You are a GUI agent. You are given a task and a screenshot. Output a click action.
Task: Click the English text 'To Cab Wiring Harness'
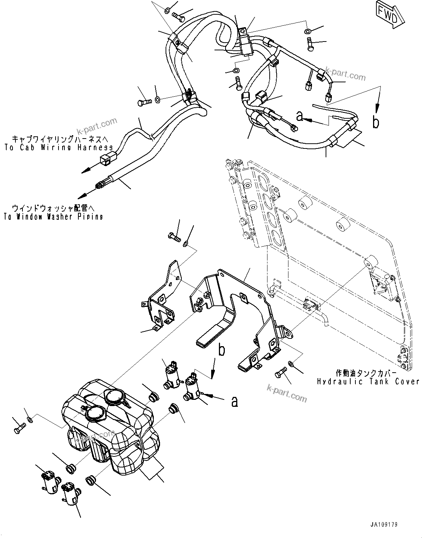[58, 148]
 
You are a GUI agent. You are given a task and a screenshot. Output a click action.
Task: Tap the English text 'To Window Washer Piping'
[53, 217]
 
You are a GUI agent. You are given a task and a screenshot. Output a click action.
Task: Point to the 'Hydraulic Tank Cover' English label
[368, 382]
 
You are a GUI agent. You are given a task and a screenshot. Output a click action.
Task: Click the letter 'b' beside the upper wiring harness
[375, 123]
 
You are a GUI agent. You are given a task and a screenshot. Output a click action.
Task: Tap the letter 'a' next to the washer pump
[234, 402]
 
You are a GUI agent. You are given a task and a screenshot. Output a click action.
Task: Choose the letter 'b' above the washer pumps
[221, 350]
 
